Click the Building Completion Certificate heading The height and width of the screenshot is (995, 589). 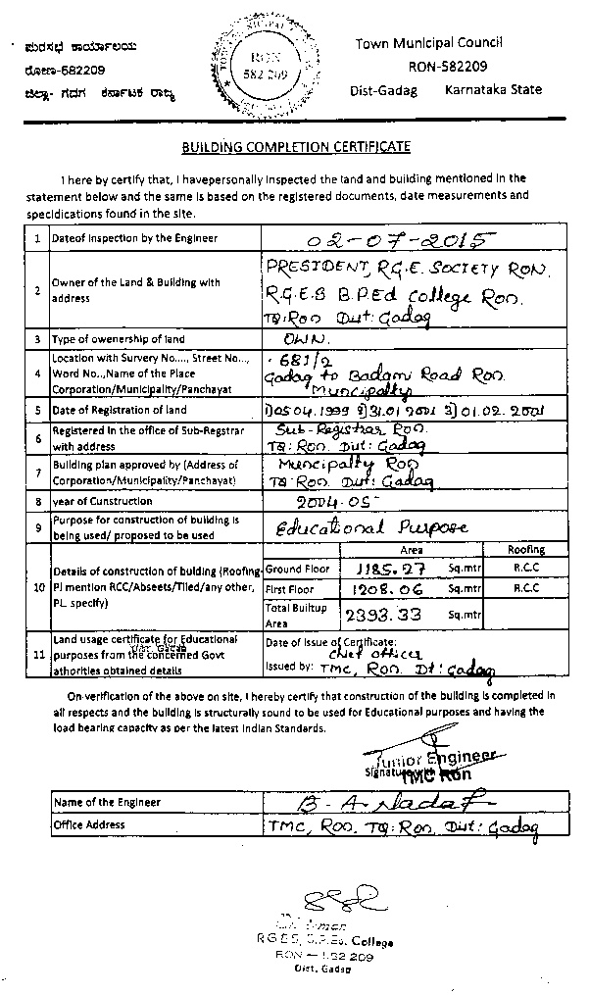pos(295,147)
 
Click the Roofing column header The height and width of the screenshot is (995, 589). pos(525,550)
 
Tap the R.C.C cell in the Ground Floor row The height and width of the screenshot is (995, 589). pos(525,568)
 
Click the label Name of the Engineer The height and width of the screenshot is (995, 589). pos(107,802)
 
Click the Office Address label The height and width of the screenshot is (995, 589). pos(89,824)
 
